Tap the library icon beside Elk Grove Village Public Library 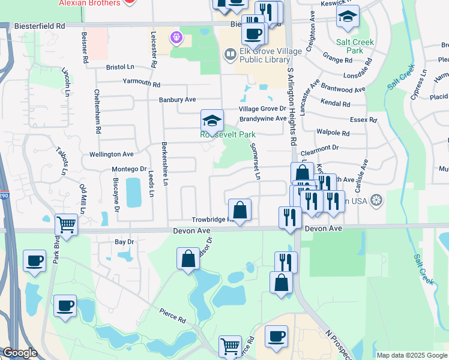[x=230, y=55]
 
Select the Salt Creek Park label [x=355, y=46]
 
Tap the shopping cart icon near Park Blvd [x=65, y=225]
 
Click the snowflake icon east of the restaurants [x=376, y=199]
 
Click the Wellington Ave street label [x=112, y=154]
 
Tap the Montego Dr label [x=130, y=169]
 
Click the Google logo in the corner [x=20, y=353]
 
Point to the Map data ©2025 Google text [x=411, y=355]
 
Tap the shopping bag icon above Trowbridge [x=240, y=210]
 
